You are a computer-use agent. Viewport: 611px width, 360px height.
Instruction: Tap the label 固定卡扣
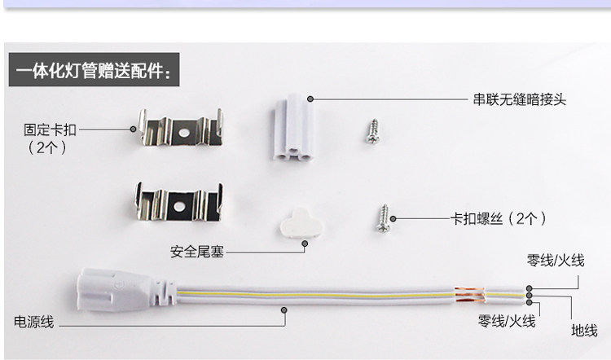pos(50,130)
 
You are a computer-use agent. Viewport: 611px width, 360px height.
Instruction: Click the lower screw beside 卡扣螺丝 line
pos(381,219)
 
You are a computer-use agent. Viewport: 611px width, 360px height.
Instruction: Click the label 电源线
pos(34,323)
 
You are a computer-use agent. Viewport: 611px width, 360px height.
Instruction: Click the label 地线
pos(583,331)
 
